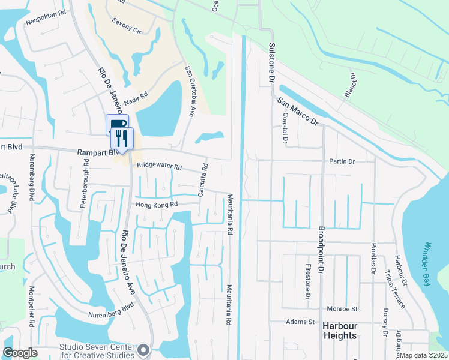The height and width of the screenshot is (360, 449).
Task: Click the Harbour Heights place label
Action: click(x=340, y=331)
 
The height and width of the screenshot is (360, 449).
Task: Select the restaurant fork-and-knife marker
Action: click(x=122, y=139)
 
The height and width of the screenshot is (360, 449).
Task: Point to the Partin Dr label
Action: click(x=342, y=161)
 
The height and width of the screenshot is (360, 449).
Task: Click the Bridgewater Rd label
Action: click(x=159, y=168)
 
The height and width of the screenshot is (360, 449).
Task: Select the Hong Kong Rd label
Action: click(x=157, y=205)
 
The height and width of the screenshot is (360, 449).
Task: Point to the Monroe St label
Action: click(x=342, y=309)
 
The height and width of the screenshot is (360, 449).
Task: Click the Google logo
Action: click(x=20, y=352)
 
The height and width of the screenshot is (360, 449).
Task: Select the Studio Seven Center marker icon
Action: click(x=143, y=349)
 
